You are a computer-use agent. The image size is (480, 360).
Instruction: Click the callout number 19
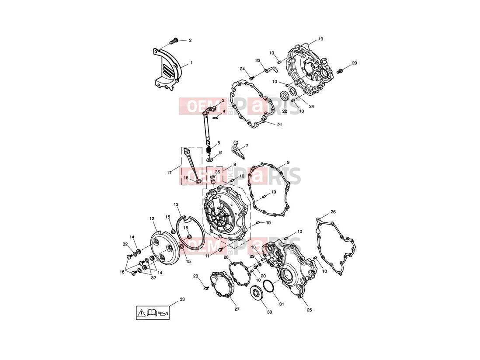point(320,39)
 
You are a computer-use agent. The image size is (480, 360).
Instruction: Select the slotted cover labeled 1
point(167,69)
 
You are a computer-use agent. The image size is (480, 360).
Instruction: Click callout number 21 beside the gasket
point(279,125)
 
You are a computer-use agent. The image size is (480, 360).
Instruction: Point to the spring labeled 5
point(209,150)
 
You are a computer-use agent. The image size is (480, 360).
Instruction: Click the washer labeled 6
point(210,159)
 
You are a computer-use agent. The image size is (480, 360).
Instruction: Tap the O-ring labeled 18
point(198,182)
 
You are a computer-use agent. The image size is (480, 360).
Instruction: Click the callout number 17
point(169,173)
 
